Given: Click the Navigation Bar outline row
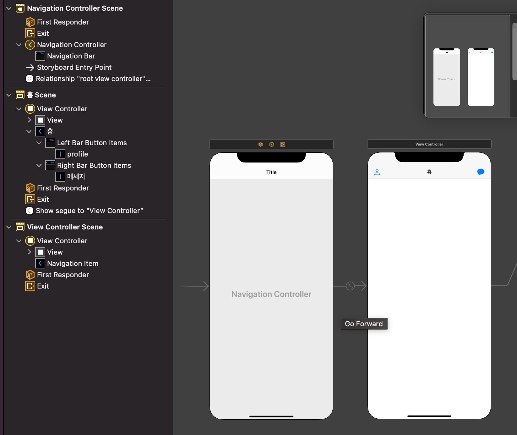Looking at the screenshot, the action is point(71,56).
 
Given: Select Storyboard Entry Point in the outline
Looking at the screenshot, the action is point(74,67).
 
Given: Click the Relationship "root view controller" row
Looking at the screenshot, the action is point(93,79).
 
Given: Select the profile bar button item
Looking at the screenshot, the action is point(77,154).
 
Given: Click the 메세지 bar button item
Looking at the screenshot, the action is point(76,177).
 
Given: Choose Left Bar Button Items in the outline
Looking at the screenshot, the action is point(92,143).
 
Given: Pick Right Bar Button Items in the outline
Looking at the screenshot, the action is point(94,165).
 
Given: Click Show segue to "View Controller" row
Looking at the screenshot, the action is point(89,211).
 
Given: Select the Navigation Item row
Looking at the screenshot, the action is point(73,263).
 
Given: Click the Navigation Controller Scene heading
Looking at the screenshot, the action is point(75,8).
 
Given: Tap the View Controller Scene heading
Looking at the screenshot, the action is point(65,227).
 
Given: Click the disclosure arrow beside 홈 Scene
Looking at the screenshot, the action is point(9,95).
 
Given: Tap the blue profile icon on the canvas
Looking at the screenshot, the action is point(377,172).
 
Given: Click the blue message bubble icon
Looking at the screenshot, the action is point(481,172).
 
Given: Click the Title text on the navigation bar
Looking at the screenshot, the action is point(271,172).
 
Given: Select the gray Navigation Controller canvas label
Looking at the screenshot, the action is point(271,294).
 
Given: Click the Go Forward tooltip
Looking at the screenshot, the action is point(364,324).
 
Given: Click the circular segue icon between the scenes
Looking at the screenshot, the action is point(350,286).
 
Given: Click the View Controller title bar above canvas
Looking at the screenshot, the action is point(429,144).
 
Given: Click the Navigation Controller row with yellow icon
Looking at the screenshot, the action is point(72,45).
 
